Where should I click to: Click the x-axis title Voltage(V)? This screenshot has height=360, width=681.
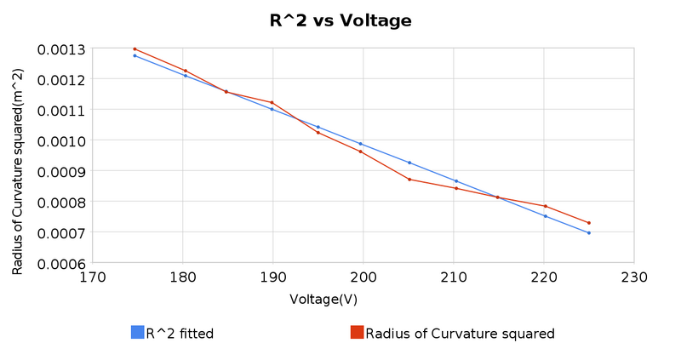[323, 300]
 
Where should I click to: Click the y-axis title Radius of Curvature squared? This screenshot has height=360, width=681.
[18, 158]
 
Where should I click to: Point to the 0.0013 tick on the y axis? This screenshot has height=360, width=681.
[60, 49]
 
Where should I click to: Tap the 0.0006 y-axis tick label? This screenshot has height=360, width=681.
[60, 263]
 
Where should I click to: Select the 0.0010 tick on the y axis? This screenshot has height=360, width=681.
[60, 140]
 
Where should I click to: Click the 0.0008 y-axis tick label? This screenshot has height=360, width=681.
[60, 202]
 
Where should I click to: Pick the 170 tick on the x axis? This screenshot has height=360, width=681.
[92, 277]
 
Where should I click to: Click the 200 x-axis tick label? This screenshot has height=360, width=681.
[363, 277]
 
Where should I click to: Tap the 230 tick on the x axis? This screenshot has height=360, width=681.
[634, 277]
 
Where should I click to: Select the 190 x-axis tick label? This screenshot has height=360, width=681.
[272, 277]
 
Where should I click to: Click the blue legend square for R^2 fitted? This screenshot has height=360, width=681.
[137, 333]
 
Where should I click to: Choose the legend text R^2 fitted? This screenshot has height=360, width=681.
[180, 334]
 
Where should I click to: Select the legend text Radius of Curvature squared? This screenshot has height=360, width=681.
[460, 334]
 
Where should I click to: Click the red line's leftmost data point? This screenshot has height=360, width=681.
[134, 49]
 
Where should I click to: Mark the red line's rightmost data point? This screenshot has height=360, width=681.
[589, 223]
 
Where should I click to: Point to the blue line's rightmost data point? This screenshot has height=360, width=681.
[589, 232]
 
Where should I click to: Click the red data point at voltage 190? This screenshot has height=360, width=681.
[272, 102]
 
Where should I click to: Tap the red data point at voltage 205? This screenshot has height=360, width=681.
[409, 179]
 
